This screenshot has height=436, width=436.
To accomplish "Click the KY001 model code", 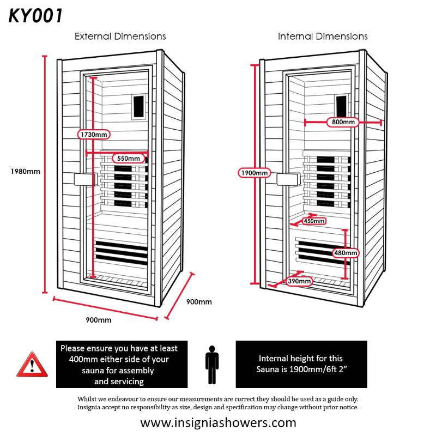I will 35,16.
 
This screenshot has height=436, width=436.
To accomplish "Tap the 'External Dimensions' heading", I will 120,37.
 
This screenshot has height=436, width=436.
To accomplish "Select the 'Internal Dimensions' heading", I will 323,37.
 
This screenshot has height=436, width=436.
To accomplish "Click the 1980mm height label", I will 26,171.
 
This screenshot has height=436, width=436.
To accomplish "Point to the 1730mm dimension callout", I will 93,134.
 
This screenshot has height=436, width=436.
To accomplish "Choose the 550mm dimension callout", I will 129,159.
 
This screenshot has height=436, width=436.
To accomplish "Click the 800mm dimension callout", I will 343,122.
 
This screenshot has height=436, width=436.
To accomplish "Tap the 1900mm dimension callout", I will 255,173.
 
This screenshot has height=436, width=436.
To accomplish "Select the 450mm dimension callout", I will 314,221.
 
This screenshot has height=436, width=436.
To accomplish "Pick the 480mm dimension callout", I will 345,253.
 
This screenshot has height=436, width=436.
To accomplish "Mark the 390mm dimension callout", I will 300,281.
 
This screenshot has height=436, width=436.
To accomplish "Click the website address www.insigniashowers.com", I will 218,422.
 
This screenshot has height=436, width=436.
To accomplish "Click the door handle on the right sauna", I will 288,179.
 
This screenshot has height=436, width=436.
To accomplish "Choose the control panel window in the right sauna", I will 341,104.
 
